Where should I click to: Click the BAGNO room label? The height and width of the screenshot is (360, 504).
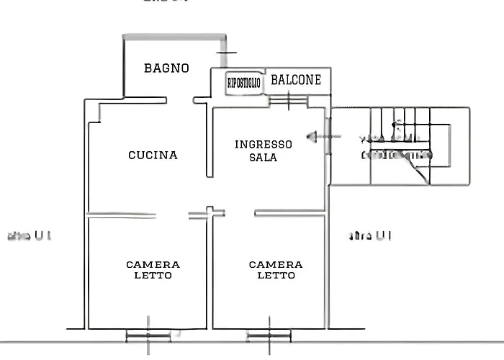tap(166, 68)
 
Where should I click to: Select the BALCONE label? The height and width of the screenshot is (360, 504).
tap(296, 80)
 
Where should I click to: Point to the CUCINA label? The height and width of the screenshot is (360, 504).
tap(153, 155)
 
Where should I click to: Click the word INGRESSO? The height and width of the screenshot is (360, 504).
tap(264, 144)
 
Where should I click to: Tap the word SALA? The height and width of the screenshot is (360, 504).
tap(264, 157)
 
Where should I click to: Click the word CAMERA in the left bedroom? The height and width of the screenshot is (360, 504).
tap(153, 265)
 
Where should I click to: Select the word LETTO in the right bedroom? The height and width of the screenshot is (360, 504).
tap(276, 276)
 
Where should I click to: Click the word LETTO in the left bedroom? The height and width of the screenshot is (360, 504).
tap(153, 276)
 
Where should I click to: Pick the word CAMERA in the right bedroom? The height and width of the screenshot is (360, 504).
tap(276, 265)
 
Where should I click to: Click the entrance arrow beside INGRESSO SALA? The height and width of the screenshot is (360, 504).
tap(314, 135)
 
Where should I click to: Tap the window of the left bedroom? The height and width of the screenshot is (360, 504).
tap(148, 335)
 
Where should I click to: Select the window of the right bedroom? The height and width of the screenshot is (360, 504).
tap(269, 335)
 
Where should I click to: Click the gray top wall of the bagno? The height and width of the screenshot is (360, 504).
tap(173, 35)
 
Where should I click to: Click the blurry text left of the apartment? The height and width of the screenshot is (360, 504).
tap(29, 235)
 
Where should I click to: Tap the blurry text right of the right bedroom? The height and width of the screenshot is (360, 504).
tap(370, 235)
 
